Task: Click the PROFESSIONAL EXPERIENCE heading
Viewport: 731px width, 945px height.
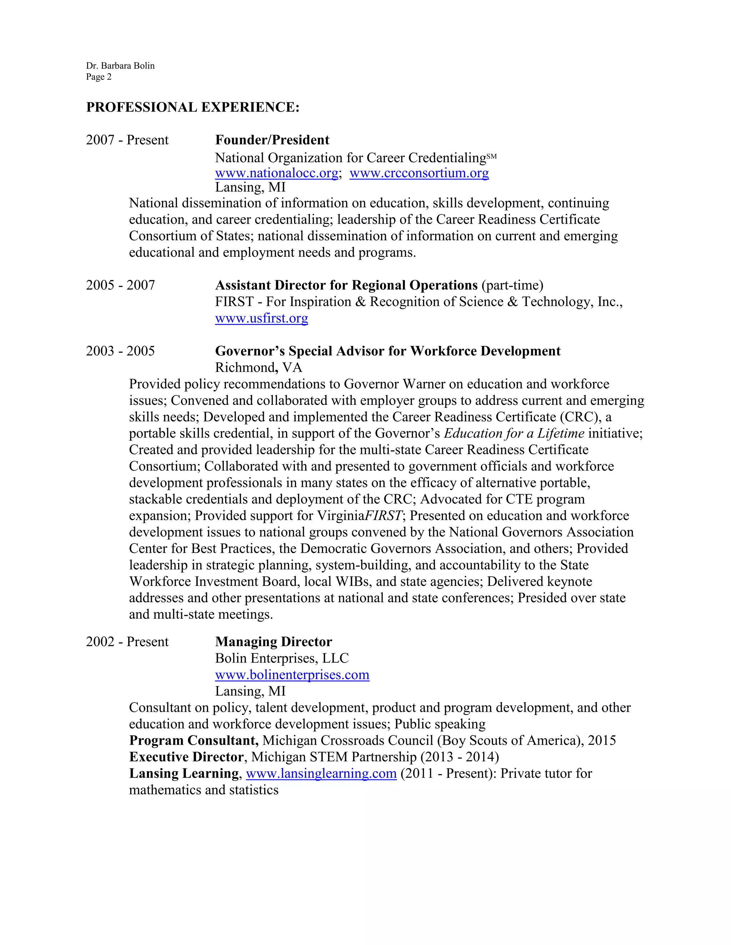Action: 193,107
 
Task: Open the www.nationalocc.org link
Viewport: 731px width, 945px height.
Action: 276,173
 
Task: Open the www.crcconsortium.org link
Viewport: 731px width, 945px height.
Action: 419,173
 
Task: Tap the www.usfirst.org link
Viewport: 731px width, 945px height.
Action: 262,318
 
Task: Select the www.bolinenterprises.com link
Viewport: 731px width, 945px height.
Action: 292,675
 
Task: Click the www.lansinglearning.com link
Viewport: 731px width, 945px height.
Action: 321,774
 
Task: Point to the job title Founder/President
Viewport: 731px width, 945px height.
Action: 272,140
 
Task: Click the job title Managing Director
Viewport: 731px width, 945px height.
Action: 273,642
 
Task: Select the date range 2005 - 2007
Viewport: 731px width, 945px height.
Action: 120,286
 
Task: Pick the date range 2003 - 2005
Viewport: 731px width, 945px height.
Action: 120,351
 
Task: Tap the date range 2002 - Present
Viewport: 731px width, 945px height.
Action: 127,642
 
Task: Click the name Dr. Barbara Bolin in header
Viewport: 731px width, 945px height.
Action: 120,66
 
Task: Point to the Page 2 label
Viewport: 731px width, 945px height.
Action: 99,77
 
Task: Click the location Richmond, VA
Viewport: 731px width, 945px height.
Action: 258,368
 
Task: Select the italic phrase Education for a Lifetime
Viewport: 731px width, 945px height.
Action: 514,434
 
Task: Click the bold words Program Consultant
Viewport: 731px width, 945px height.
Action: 193,741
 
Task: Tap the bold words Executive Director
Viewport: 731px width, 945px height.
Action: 187,757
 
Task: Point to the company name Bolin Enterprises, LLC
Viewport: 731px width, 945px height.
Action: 282,659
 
